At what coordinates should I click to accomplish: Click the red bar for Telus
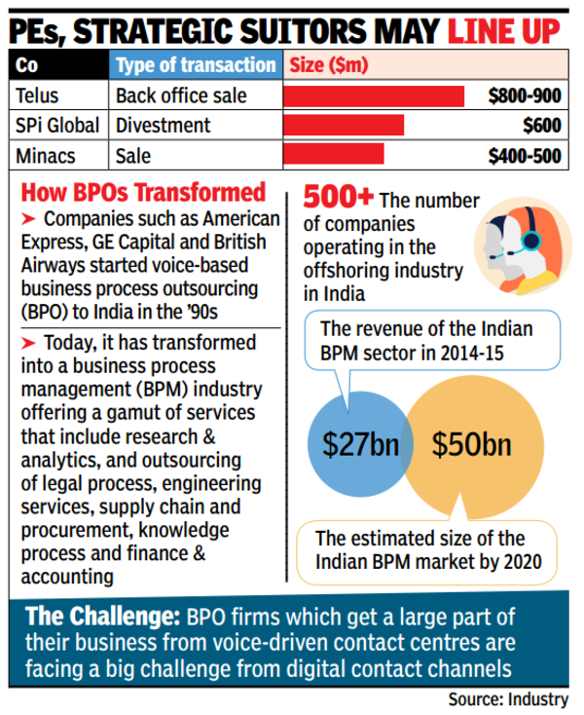(x=373, y=96)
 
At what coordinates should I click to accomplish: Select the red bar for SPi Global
(x=343, y=125)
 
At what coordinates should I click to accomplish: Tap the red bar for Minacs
(x=333, y=154)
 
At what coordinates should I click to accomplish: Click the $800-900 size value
(x=525, y=96)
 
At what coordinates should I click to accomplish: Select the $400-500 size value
(x=525, y=154)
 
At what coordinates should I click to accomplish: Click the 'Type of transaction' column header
(x=195, y=66)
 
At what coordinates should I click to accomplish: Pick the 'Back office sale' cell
(x=181, y=96)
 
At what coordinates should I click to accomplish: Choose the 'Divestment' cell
(x=164, y=125)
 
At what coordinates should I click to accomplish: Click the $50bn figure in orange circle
(x=472, y=446)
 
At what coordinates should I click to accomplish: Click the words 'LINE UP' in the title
(x=503, y=25)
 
